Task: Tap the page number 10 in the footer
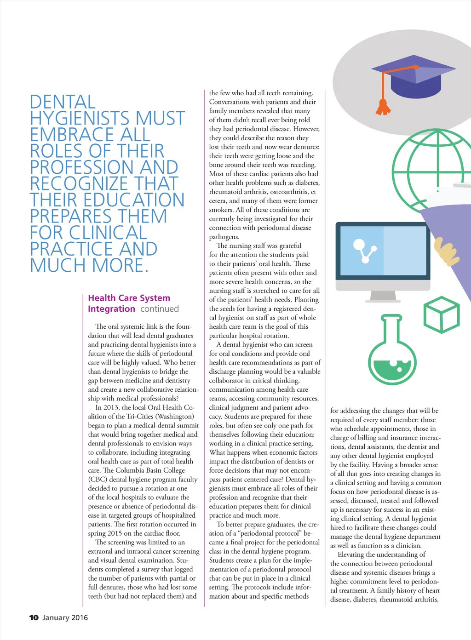tap(34, 617)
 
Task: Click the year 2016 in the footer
tap(79, 617)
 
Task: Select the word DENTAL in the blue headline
tap(63, 102)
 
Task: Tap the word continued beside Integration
tap(160, 309)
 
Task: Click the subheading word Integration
tap(112, 309)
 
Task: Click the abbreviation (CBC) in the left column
tap(98, 480)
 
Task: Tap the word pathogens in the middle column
tap(224, 237)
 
